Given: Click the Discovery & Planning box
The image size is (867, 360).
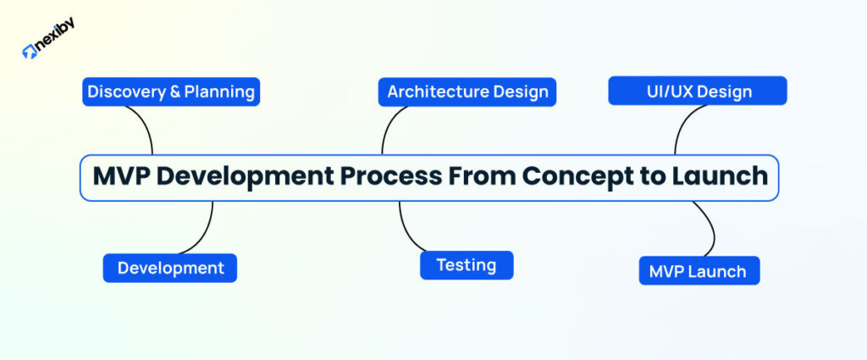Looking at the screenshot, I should click(x=171, y=91).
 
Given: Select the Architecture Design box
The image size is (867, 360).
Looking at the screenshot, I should click(x=467, y=91).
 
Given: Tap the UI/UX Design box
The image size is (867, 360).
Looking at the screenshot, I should click(x=697, y=91).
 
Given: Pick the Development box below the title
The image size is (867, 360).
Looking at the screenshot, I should click(x=170, y=268).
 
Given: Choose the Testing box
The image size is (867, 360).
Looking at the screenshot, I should click(x=467, y=265).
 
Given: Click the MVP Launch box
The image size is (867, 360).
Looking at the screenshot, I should click(x=699, y=271).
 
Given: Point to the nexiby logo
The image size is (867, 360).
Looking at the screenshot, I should click(x=48, y=49).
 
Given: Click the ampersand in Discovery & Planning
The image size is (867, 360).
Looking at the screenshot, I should click(x=175, y=91).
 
